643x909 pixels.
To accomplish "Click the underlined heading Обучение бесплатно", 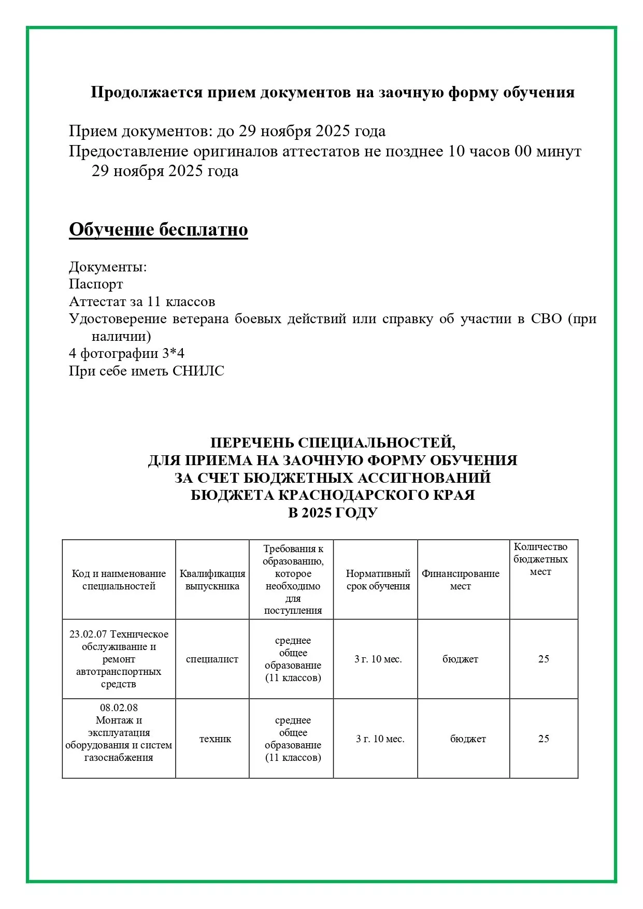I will click(x=158, y=229).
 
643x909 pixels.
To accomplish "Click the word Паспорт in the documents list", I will click(x=96, y=284).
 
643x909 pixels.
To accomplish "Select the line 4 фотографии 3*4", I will click(x=126, y=354).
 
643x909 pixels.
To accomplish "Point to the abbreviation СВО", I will click(x=546, y=319).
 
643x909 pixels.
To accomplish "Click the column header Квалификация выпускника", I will click(x=212, y=580).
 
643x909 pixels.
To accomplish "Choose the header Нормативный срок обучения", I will click(x=378, y=580).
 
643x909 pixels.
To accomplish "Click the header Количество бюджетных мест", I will click(x=540, y=559).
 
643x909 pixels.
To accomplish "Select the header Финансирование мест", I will click(x=460, y=580).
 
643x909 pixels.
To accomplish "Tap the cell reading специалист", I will click(x=212, y=659).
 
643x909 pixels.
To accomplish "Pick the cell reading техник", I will click(x=215, y=739).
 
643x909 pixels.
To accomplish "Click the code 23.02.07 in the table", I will click(x=89, y=634).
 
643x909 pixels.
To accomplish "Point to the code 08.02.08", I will click(x=119, y=708).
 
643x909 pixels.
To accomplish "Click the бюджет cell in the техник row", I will click(x=468, y=739).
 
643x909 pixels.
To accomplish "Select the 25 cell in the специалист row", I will click(x=544, y=659).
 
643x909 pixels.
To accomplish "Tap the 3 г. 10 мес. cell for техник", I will click(x=380, y=739).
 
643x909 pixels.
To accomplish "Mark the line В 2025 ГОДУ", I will click(x=333, y=513).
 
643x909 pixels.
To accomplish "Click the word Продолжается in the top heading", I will click(x=147, y=92).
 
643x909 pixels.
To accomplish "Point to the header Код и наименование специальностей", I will click(x=119, y=580).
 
